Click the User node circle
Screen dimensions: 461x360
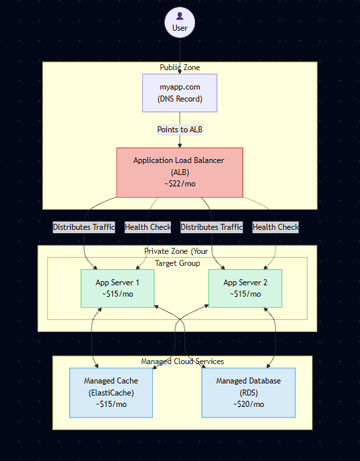(x=180, y=22)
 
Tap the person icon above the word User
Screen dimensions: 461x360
(x=180, y=16)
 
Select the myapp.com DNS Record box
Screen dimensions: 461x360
(x=180, y=93)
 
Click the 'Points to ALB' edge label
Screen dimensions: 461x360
(x=180, y=129)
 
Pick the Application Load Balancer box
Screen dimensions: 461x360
(x=180, y=172)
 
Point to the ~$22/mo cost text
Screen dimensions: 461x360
(x=180, y=184)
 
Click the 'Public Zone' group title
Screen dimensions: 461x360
(x=180, y=67)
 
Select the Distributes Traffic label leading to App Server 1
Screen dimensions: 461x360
(x=84, y=227)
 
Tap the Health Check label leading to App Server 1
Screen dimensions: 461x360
(x=148, y=227)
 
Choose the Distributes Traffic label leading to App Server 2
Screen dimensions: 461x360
(x=212, y=227)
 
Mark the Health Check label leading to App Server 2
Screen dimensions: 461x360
(x=275, y=227)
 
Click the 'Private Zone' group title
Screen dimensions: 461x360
(x=177, y=251)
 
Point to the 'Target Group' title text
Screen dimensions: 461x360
(x=177, y=263)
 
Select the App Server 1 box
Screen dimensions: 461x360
(x=118, y=288)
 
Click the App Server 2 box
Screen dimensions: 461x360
(x=245, y=288)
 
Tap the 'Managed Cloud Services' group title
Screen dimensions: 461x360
(x=182, y=361)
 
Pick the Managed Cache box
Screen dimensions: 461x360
(x=112, y=392)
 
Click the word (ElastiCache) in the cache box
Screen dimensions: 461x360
(x=112, y=393)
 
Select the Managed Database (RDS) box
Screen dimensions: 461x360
(x=248, y=392)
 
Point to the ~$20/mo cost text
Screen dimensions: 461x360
(x=248, y=404)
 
